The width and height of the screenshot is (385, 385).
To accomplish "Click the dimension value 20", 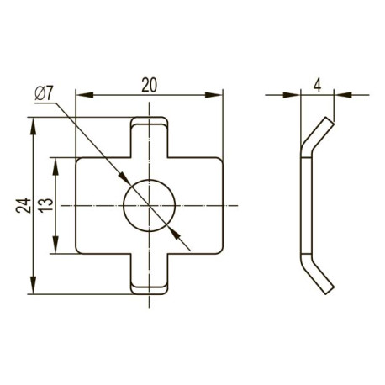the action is coord(149,85).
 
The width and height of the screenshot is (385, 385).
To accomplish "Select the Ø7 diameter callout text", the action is coord(44,93).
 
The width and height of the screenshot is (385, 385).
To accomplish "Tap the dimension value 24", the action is coord(24,206).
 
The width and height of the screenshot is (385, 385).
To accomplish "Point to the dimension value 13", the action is coord(46,206).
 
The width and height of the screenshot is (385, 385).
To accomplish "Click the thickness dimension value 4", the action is coord(317,85).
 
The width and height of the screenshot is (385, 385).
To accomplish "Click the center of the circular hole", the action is coord(149,206).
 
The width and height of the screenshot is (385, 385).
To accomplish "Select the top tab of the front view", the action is coord(149,137).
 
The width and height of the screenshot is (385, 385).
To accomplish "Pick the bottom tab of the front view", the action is coord(149,274).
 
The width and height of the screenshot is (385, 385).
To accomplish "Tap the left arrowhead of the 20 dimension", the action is coord(84,95).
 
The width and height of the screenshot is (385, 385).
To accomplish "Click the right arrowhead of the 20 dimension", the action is coord(214,95).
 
